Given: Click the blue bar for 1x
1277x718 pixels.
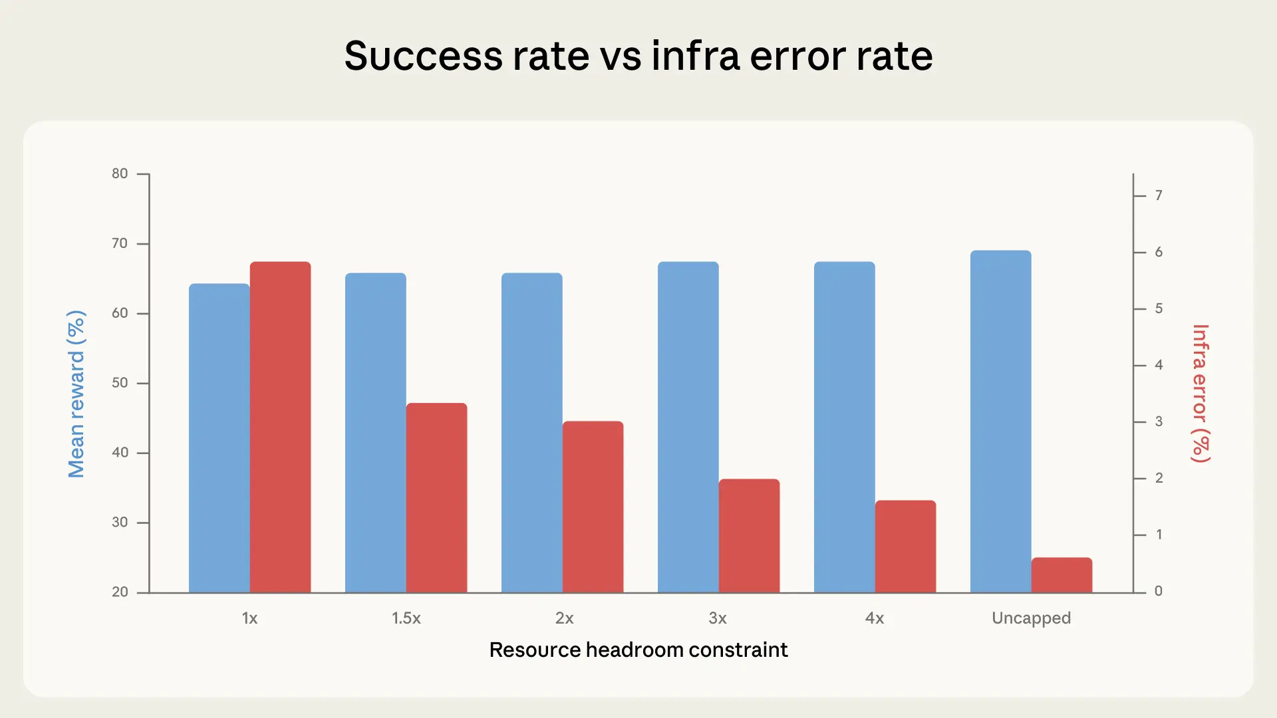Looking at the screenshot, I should pos(219,439).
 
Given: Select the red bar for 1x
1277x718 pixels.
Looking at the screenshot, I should pos(280,427).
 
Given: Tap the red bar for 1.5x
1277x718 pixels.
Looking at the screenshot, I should pos(436,498).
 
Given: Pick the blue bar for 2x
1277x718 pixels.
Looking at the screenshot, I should pos(531,433).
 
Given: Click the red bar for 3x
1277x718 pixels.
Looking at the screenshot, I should pos(749,536).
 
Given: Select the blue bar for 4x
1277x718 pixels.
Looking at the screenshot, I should pos(844,427).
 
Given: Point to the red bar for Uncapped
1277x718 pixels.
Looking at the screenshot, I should pos(1062,575).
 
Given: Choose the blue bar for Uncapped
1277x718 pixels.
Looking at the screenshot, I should pos(1000,421).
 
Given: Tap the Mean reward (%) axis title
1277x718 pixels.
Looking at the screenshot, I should pos(76,394).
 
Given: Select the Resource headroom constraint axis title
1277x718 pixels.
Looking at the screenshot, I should pos(638,650).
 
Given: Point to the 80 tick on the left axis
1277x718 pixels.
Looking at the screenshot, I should pos(120,174).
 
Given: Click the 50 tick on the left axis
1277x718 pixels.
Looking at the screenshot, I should pos(120,383).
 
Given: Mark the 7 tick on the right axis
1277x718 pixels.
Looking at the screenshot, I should pos(1159,195).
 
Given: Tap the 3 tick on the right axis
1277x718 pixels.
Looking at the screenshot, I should pos(1159,421).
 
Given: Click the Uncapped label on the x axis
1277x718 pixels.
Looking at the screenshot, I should pos(1031,618).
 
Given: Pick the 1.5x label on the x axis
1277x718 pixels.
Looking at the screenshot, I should pos(406,618).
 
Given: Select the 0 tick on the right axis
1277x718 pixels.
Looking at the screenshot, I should pos(1159,591).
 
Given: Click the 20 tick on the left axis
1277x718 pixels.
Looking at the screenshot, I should pos(120,592).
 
